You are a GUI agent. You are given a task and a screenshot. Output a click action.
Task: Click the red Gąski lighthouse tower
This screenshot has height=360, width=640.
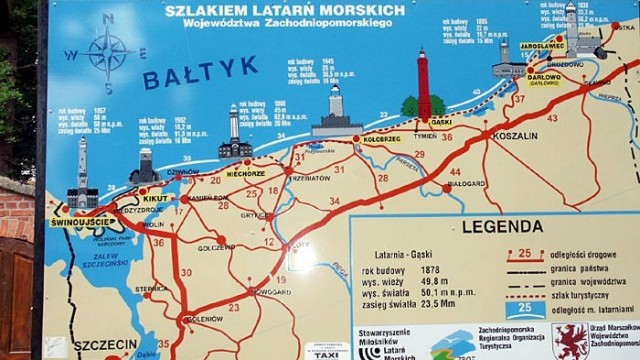pyautogui.click(x=423, y=86)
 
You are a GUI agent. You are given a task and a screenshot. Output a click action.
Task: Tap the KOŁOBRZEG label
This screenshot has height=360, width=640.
pyautogui.click(x=381, y=141)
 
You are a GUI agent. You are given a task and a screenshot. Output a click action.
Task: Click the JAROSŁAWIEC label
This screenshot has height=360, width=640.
pyautogui.click(x=543, y=46)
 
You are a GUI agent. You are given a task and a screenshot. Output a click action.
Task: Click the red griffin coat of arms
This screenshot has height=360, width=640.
pyautogui.click(x=571, y=341)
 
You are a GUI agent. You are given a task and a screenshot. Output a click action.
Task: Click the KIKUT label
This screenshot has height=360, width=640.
pyautogui.click(x=156, y=198)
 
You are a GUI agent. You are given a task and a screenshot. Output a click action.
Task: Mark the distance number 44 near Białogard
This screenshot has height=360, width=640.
pyautogui.click(x=455, y=173)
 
